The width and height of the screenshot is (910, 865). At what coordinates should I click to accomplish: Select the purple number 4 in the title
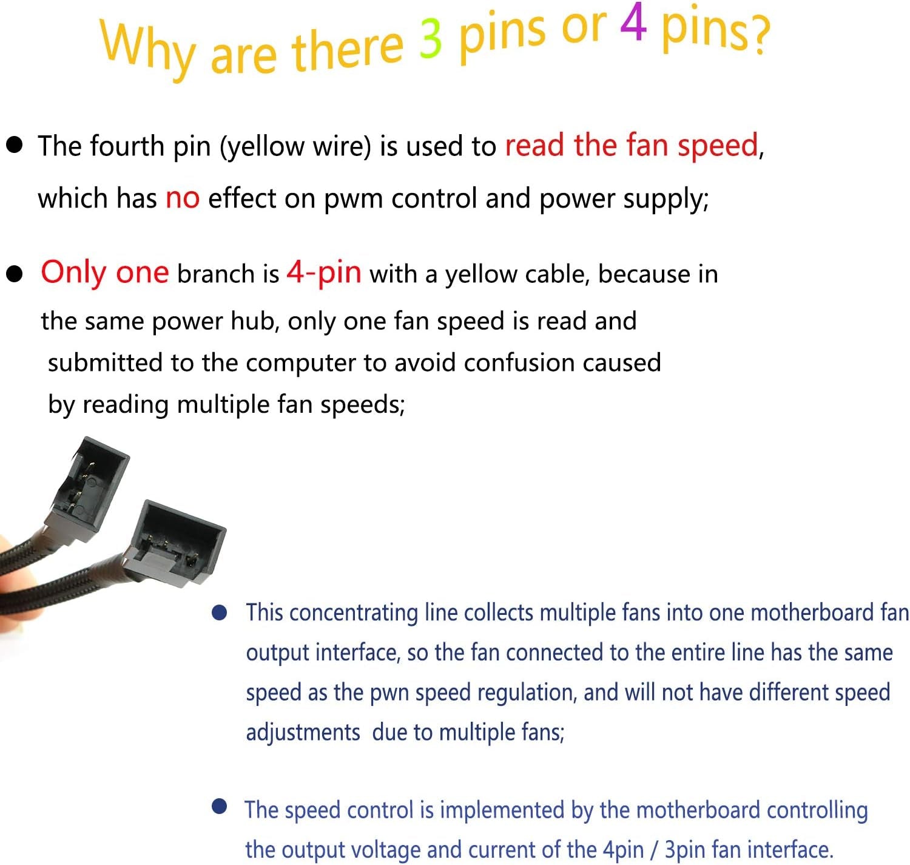click(633, 23)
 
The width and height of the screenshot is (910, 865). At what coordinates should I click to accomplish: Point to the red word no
click(183, 198)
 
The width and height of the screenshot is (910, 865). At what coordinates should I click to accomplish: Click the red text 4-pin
click(324, 273)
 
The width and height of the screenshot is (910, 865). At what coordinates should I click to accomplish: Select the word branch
click(215, 274)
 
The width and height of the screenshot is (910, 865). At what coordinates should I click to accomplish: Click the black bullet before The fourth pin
click(14, 144)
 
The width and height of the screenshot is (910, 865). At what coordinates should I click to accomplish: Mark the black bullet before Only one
click(14, 274)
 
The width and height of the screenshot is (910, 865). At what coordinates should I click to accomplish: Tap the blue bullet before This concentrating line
click(219, 612)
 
